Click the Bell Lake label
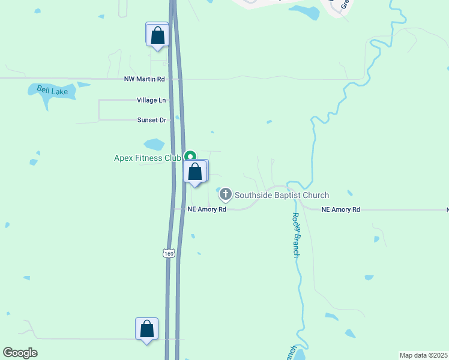pyautogui.click(x=52, y=91)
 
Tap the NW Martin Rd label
pyautogui.click(x=144, y=79)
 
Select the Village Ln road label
pyautogui.click(x=151, y=100)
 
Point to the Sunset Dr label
pyautogui.click(x=151, y=120)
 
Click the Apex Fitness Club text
pyautogui.click(x=148, y=158)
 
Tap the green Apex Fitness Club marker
pyautogui.click(x=190, y=156)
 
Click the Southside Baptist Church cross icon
pyautogui.click(x=226, y=194)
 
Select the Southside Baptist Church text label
pyautogui.click(x=282, y=195)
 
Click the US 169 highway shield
pyautogui.click(x=169, y=254)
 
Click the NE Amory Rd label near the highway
pyautogui.click(x=206, y=209)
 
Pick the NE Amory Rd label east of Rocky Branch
pyautogui.click(x=340, y=209)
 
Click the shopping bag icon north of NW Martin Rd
pyautogui.click(x=158, y=35)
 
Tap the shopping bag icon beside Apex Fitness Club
pyautogui.click(x=194, y=172)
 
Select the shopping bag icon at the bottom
pyautogui.click(x=146, y=329)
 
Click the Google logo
pyautogui.click(x=20, y=353)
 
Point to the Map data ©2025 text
pyautogui.click(x=424, y=355)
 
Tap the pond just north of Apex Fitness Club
pyautogui.click(x=154, y=145)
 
